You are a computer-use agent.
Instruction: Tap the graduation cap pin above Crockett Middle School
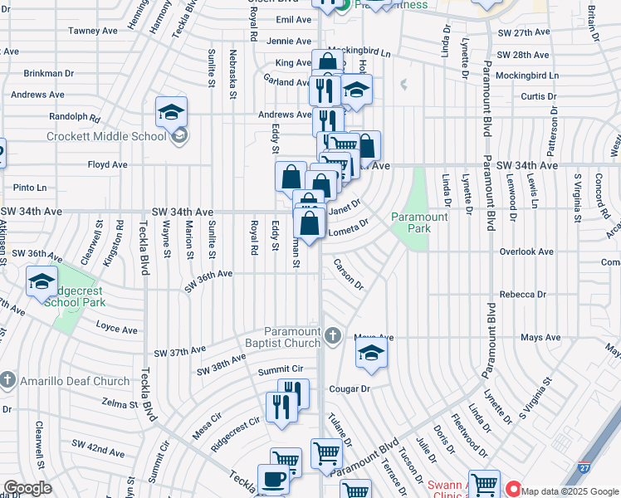click(x=172, y=112)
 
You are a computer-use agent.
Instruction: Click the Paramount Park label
click(x=419, y=222)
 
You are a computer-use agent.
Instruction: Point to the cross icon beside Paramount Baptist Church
click(x=332, y=335)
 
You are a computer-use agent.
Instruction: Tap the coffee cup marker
click(x=273, y=479)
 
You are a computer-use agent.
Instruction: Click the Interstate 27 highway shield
click(x=585, y=470)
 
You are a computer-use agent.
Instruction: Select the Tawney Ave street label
click(x=93, y=31)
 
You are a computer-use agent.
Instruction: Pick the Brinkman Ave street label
click(x=49, y=73)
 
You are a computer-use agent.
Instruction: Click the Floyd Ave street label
click(x=107, y=164)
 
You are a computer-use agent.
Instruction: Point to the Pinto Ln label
click(x=30, y=188)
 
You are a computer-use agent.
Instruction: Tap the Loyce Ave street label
click(x=115, y=327)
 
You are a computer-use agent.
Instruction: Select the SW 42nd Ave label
click(x=99, y=452)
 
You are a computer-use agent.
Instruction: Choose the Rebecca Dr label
click(x=522, y=295)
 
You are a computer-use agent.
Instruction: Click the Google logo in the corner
click(x=28, y=488)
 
